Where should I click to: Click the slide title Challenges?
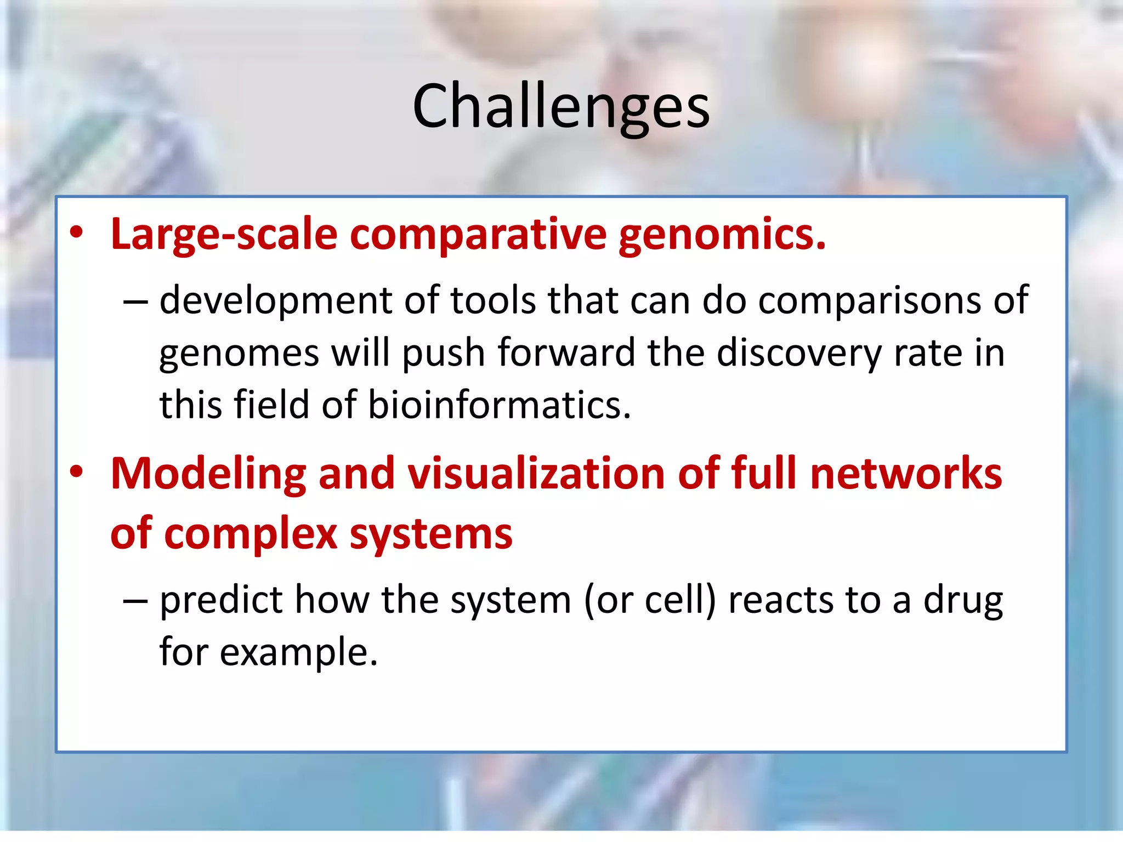click(561, 107)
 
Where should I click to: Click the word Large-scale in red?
click(224, 235)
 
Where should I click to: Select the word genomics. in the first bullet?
click(722, 235)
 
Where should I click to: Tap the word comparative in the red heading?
click(478, 235)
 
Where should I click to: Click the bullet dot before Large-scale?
click(76, 234)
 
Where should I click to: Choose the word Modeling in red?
click(208, 474)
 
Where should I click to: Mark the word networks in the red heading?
click(906, 474)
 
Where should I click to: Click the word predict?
click(221, 600)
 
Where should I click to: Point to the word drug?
click(963, 601)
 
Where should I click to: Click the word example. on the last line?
click(299, 652)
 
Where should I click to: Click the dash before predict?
click(135, 601)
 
